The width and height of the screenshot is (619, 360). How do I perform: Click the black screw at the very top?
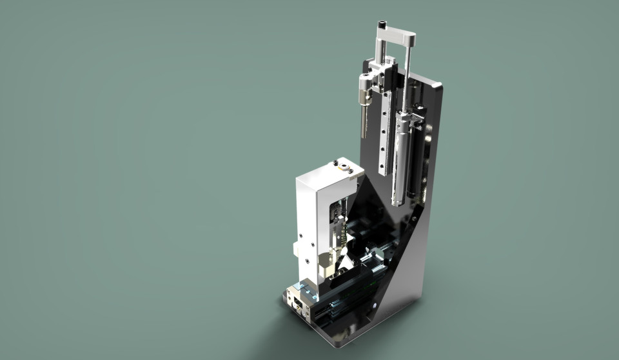pos(381,26)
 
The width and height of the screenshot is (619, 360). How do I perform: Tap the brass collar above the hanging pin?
pos(365,97)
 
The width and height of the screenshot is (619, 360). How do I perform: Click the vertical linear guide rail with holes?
pos(386,135)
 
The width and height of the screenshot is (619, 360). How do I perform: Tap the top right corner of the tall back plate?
pos(441,86)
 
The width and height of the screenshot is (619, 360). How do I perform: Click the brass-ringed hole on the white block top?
pos(345,169)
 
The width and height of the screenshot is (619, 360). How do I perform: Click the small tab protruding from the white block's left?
pos(295,248)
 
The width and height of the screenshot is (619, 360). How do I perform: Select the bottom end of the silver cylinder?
pos(398,200)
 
